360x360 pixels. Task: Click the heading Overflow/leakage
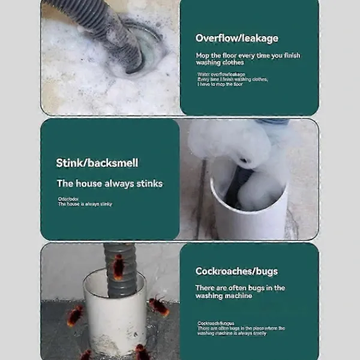(236, 38)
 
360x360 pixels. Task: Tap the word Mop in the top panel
(203, 55)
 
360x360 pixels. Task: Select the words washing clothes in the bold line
(220, 62)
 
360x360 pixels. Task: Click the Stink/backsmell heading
(97, 163)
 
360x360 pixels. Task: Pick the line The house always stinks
(109, 184)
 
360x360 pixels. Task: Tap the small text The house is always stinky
(85, 204)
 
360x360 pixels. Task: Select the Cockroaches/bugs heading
(236, 271)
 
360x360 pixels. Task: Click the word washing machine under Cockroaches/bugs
(223, 295)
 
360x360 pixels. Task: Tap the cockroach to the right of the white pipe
(159, 306)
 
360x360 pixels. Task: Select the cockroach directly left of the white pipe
(75, 315)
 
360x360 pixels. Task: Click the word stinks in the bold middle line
(149, 184)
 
